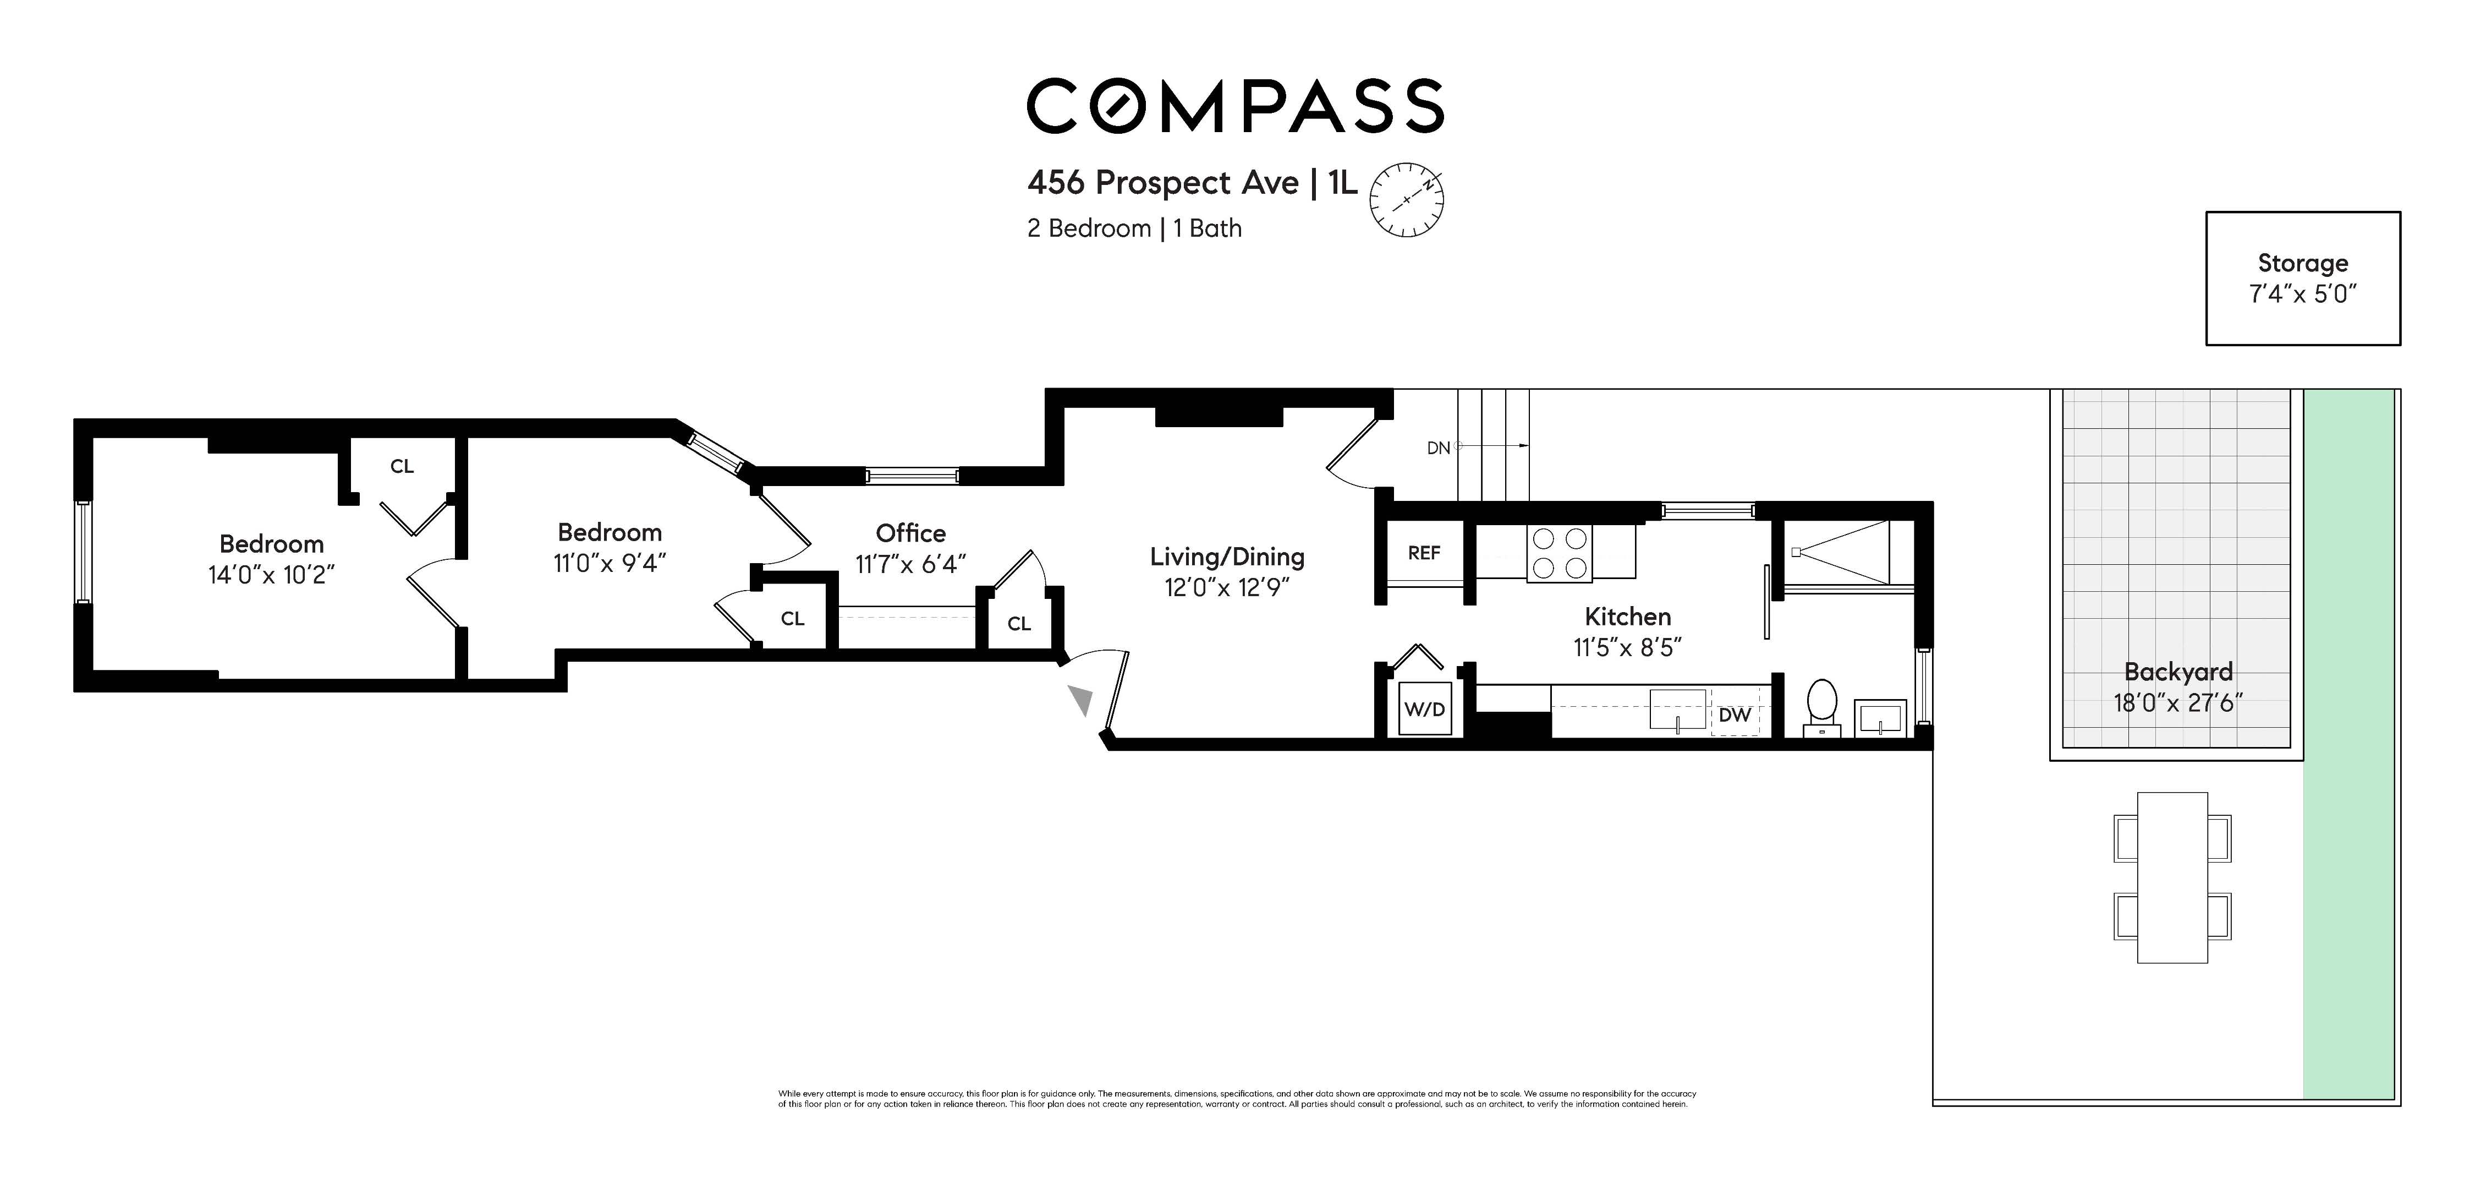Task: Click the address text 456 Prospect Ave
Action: (1162, 183)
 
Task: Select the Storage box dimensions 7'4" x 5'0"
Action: (2302, 294)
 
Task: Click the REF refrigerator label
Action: (1423, 553)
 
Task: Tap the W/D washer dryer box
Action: (1424, 710)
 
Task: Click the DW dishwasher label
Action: (1734, 715)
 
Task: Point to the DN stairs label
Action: (1439, 448)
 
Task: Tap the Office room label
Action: (910, 533)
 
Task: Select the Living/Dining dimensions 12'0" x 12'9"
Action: (1226, 587)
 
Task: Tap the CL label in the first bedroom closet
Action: (402, 466)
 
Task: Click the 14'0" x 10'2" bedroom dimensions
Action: (271, 575)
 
